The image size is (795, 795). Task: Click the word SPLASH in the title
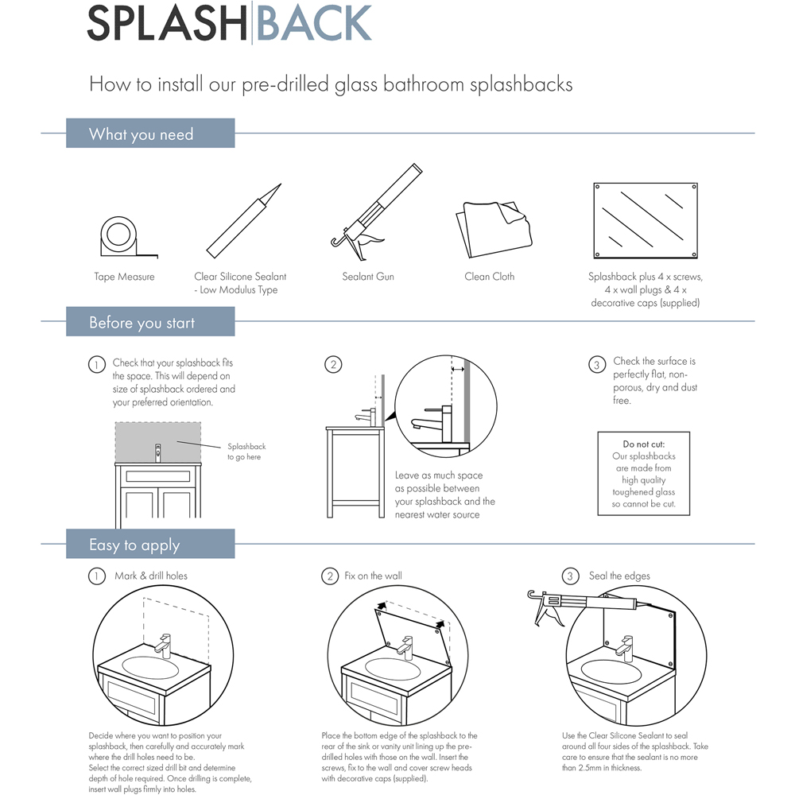168,24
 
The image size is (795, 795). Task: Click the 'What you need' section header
142,134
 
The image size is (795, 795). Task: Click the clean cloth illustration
488,226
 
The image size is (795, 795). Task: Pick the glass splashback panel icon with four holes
646,222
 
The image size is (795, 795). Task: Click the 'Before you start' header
142,323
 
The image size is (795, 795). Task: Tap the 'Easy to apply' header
134,545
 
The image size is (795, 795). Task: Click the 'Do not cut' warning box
643,473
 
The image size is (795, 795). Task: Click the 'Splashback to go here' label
246,452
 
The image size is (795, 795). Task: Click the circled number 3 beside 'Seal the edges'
569,576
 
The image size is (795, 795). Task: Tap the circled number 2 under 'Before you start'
333,365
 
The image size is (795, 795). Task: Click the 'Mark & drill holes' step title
151,576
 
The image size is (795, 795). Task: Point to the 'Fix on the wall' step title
373,576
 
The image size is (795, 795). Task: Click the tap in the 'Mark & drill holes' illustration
165,644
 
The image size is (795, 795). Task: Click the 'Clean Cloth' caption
489,277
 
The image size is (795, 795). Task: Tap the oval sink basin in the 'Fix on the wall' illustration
391,669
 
